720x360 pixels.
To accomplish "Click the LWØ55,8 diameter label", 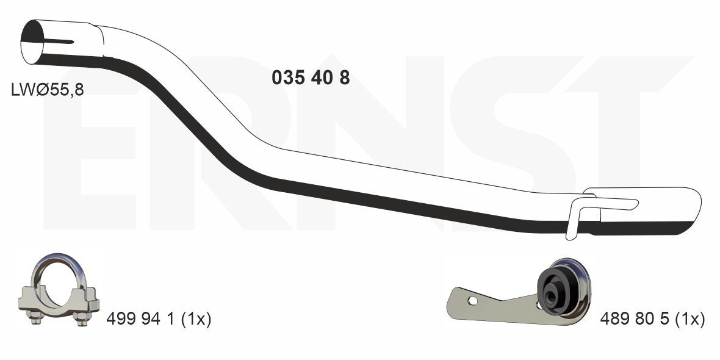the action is click(x=48, y=90).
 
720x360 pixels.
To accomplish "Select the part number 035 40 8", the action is click(x=311, y=78).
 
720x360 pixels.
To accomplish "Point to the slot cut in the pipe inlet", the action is click(x=59, y=42).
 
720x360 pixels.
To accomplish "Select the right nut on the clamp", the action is click(x=81, y=317).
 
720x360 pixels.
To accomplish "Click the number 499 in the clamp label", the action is click(x=121, y=319).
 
